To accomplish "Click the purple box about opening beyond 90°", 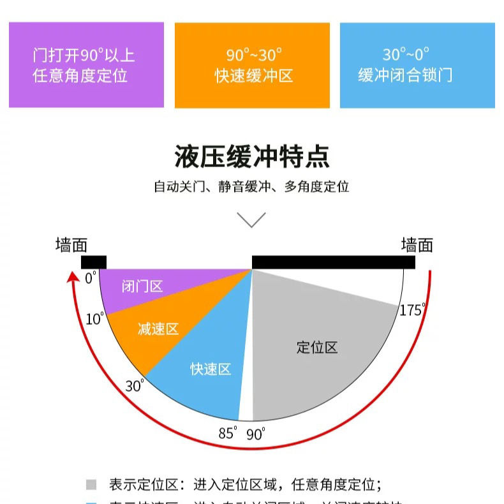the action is tap(86, 65).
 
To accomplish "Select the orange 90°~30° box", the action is tap(252, 65).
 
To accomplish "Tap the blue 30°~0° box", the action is tap(417, 65).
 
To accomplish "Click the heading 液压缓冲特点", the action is tap(252, 156).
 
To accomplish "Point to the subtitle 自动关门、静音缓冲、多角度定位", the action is tap(251, 187).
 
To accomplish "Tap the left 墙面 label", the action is tap(71, 245).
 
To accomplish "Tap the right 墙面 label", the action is tap(417, 245).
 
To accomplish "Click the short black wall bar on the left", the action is tap(94, 262).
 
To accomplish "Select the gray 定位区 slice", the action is tap(319, 348).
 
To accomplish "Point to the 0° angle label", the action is tap(90, 278).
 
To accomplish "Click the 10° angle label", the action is tap(94, 318).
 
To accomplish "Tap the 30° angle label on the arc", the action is tap(135, 385).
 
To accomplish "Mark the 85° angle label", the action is tap(228, 433).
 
